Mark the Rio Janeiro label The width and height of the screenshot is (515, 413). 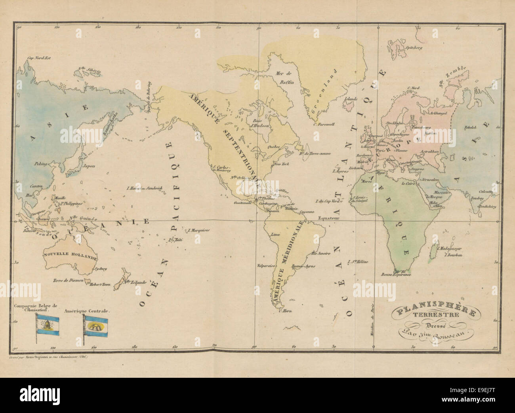[x=321, y=253]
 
